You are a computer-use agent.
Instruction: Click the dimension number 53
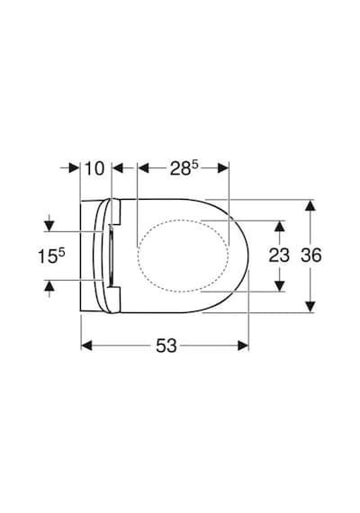point(166,346)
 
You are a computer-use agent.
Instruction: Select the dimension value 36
point(310,256)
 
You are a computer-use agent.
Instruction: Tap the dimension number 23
point(279,256)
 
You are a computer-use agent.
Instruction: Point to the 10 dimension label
point(94,168)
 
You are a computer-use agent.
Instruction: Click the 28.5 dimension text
point(184,168)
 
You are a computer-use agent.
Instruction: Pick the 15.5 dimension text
point(51,256)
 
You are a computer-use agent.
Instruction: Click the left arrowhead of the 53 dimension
point(86,346)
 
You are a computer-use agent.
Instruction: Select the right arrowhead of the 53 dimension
point(243,346)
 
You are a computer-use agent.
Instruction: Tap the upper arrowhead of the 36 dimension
point(310,205)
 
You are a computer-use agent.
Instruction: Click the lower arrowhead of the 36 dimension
point(310,307)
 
